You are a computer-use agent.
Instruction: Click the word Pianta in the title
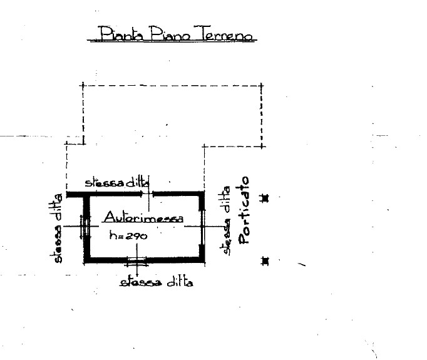pyautogui.click(x=121, y=33)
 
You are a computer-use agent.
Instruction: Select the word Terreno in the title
pyautogui.click(x=224, y=33)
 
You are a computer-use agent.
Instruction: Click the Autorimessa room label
pyautogui.click(x=144, y=217)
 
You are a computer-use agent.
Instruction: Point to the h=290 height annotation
pyautogui.click(x=128, y=235)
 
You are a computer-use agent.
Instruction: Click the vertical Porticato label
pyautogui.click(x=244, y=210)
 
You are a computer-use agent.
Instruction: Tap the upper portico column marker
pyautogui.click(x=265, y=198)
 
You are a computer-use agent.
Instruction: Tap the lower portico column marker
pyautogui.click(x=265, y=261)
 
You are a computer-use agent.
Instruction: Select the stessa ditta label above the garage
pyautogui.click(x=117, y=182)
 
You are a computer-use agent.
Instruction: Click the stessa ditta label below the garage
pyautogui.click(x=157, y=282)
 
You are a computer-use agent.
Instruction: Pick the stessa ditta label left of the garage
pyautogui.click(x=56, y=228)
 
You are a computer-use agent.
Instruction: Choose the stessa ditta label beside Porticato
pyautogui.click(x=227, y=220)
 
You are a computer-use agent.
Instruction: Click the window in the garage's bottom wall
pyautogui.click(x=137, y=260)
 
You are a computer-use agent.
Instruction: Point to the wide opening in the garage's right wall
pyautogui.click(x=202, y=228)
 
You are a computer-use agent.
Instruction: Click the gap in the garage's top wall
pyautogui.click(x=147, y=194)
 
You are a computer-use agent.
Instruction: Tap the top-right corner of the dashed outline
pyautogui.click(x=261, y=86)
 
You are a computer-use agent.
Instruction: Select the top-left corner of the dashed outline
pyautogui.click(x=83, y=85)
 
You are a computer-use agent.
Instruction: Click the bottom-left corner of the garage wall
pyautogui.click(x=85, y=262)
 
